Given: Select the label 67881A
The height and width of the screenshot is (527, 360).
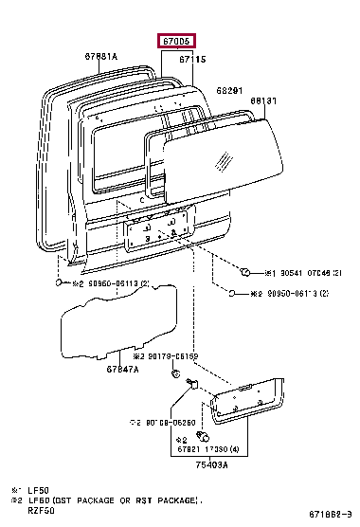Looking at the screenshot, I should [x=99, y=57].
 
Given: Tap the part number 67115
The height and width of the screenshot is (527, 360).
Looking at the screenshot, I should [x=191, y=59].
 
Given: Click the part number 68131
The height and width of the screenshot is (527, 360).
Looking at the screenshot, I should [x=264, y=100].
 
